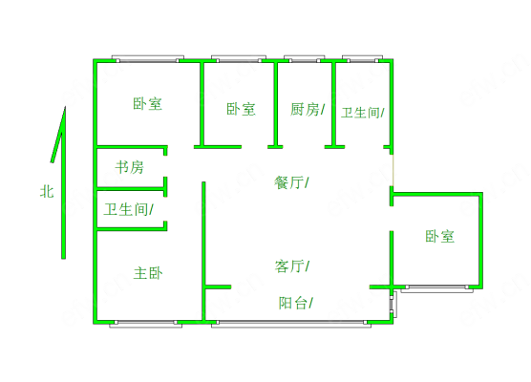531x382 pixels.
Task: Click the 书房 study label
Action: [x=129, y=167]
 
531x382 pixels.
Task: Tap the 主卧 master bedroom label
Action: [x=148, y=273]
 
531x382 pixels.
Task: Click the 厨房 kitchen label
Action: [x=305, y=110]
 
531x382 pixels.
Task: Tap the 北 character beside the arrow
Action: [x=47, y=192]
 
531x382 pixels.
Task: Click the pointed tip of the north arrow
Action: [x=65, y=107]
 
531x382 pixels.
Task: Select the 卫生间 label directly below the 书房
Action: [x=126, y=209]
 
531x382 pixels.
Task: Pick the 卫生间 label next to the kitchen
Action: [x=361, y=113]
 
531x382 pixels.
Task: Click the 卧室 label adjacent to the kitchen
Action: [x=241, y=109]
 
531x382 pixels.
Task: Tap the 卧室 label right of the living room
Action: [x=439, y=236]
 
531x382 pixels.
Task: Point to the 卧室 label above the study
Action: [x=147, y=103]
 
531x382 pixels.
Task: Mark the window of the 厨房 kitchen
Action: [x=304, y=58]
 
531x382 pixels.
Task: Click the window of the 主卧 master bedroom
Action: [x=145, y=324]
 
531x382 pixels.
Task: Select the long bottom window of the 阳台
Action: [x=291, y=324]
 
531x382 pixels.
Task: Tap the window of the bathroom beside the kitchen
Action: [x=362, y=58]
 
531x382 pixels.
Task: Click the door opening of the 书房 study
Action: [x=165, y=166]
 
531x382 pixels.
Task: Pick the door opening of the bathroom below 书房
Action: [x=165, y=208]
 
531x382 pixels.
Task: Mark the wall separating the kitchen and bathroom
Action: [x=334, y=104]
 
